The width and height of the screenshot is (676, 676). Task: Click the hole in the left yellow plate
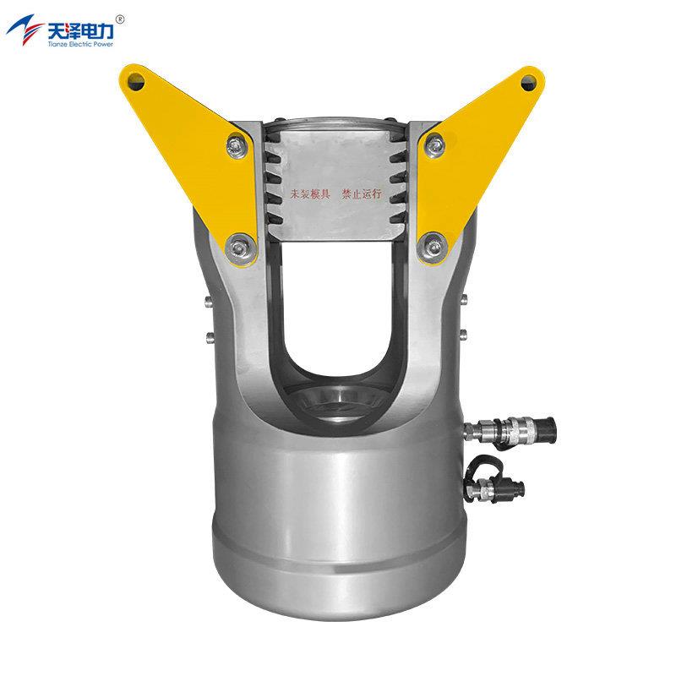tap(136, 81)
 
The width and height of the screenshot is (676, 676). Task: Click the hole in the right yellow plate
tap(529, 82)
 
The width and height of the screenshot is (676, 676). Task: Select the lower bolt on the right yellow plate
tap(433, 246)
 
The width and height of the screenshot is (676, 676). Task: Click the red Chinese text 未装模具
tap(310, 194)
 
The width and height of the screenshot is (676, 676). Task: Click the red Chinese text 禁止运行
tap(362, 194)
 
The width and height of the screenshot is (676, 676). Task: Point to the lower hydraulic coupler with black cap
tap(495, 488)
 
